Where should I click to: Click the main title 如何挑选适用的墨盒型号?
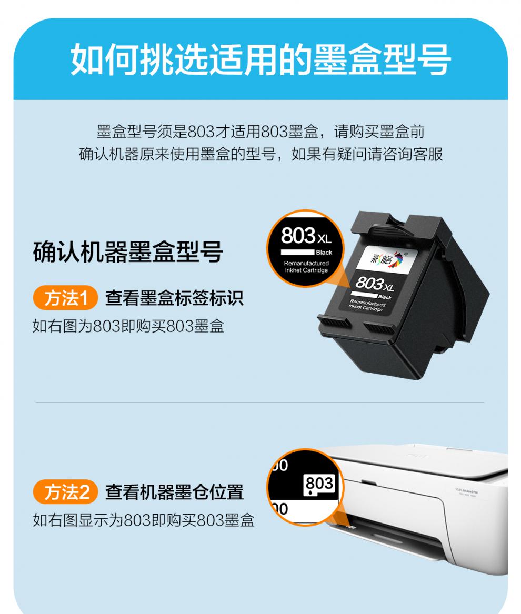(x=260, y=59)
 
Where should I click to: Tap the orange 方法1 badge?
(x=65, y=299)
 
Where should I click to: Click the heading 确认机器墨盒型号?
(x=128, y=253)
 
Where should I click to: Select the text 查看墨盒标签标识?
(x=174, y=299)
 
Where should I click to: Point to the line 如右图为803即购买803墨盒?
(x=128, y=326)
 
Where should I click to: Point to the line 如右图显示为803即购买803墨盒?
(x=143, y=520)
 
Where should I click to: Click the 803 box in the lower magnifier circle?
(x=319, y=482)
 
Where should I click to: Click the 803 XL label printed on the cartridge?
(x=374, y=285)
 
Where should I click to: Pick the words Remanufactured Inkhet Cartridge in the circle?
(x=306, y=266)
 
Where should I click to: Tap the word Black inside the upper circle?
(x=324, y=253)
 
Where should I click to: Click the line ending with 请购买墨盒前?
(x=260, y=131)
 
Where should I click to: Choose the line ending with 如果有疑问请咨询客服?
(x=260, y=155)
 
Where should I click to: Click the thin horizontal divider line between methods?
(x=260, y=403)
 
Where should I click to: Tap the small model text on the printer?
(x=466, y=491)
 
